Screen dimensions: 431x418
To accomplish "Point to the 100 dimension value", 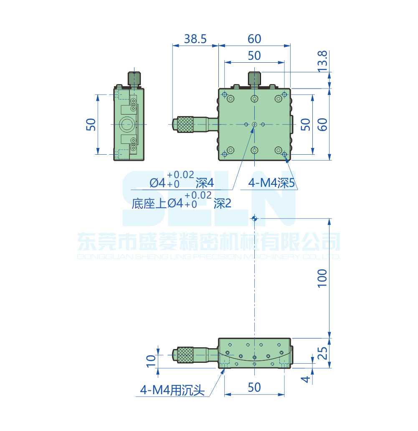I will click(322, 278).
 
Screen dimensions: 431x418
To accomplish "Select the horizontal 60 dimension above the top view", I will click(254, 39).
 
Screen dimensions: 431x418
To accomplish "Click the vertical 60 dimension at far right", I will click(322, 124).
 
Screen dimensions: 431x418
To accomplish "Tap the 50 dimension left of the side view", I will click(91, 124).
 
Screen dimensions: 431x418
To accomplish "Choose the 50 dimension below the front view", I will click(254, 388).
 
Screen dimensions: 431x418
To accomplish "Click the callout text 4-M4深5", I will click(272, 183).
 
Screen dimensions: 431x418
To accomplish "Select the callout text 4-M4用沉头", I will click(172, 390).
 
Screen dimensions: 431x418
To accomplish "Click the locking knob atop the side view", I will click(134, 78).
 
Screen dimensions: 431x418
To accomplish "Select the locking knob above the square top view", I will click(254, 78).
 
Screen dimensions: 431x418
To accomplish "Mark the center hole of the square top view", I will click(254, 124).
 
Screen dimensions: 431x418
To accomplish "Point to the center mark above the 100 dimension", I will click(254, 218).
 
